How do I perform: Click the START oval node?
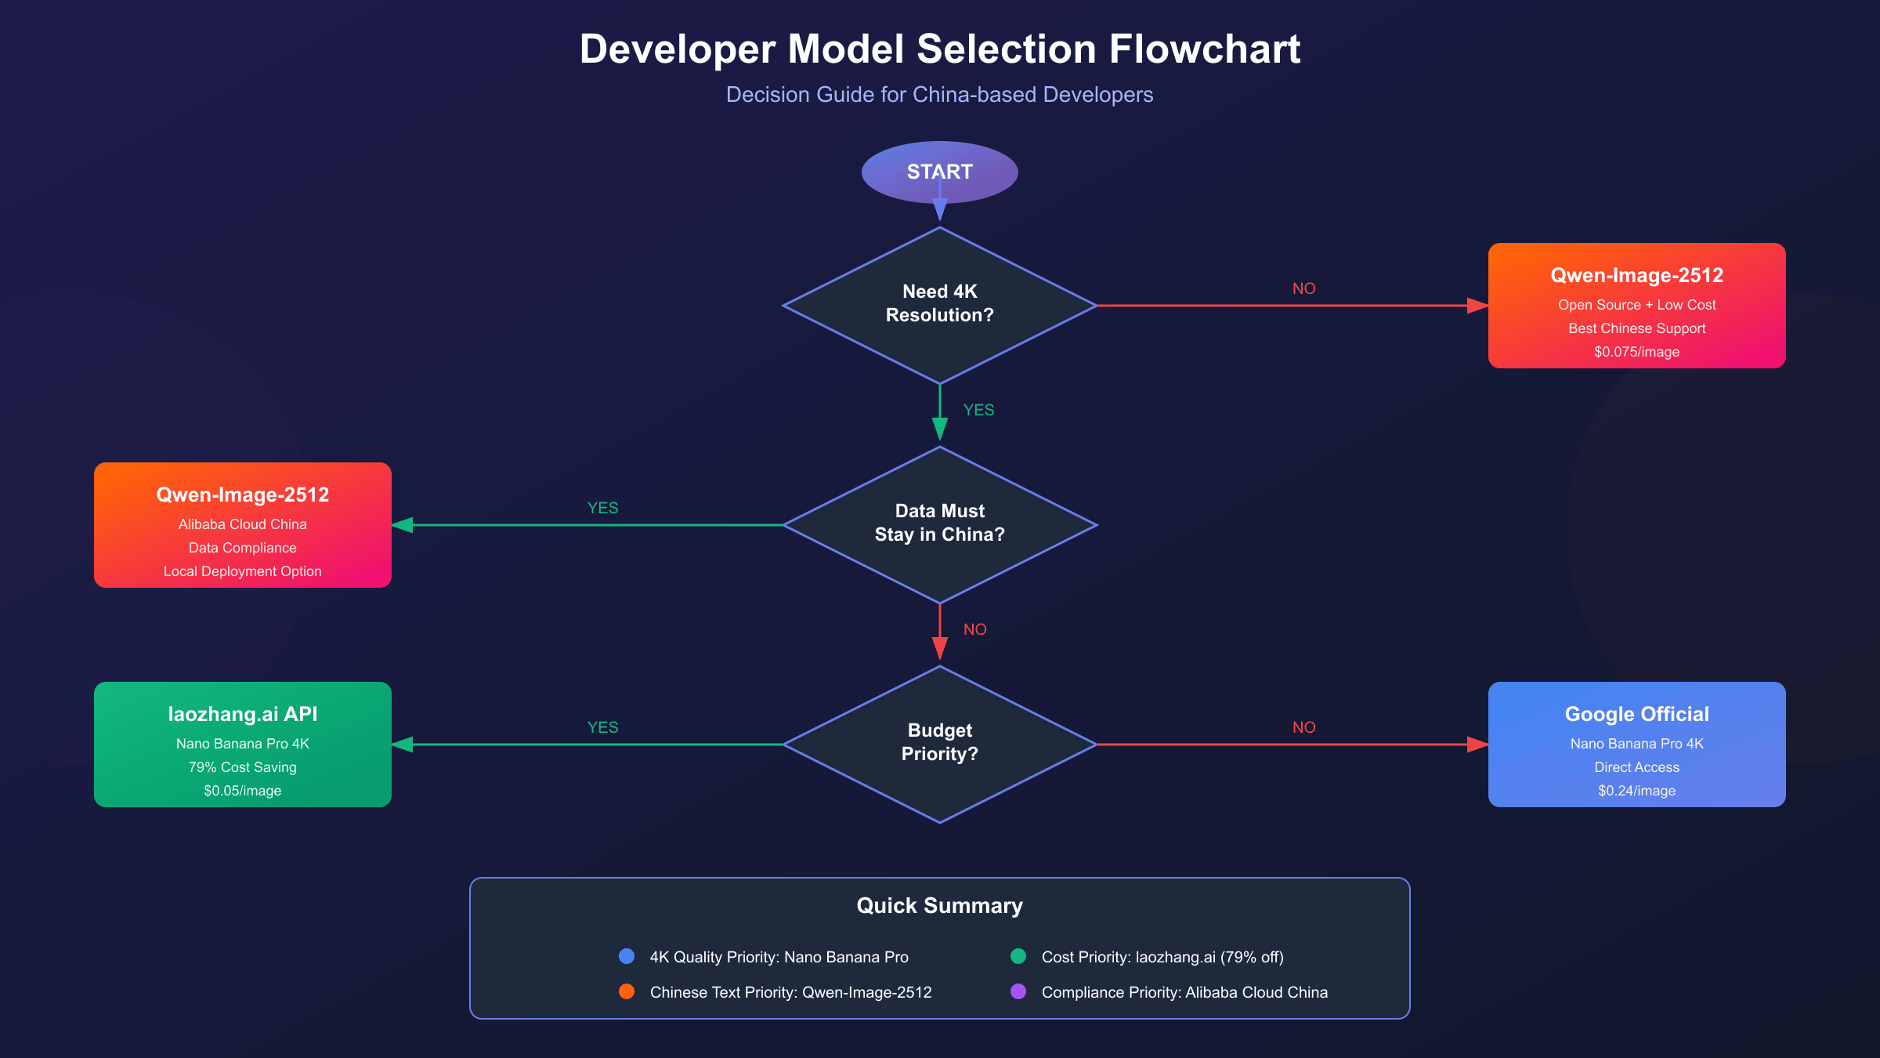[939, 172]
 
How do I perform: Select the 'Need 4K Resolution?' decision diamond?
[939, 304]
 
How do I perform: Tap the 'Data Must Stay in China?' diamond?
[939, 524]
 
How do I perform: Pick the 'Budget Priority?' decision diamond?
[939, 743]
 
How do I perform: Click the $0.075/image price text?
[1636, 352]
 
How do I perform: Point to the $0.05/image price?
[242, 791]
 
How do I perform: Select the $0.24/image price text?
[1636, 791]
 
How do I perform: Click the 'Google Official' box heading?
[1636, 714]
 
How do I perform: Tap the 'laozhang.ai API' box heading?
[242, 714]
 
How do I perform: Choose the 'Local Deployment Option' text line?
[242, 571]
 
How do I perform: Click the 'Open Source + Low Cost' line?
[1636, 305]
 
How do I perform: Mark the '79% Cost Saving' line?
[242, 767]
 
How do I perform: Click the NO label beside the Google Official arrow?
[1303, 727]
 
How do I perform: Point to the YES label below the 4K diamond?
[978, 410]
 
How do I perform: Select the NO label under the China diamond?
[974, 629]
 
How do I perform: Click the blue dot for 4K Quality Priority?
[627, 956]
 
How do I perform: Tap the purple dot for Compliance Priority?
[1018, 991]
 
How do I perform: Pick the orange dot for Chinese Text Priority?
[627, 991]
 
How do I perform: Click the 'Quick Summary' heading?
[939, 905]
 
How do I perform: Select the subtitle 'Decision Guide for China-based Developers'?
[939, 95]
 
